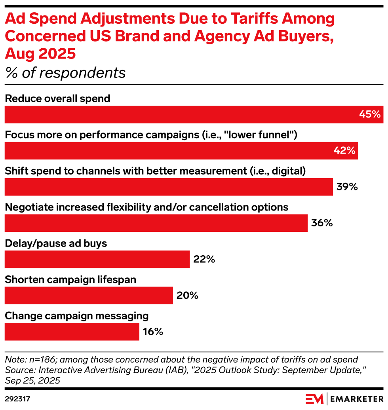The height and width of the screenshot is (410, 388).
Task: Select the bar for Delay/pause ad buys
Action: coord(97,259)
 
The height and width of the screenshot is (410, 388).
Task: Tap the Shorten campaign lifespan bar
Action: coord(89,295)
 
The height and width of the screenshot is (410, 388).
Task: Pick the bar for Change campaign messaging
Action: coord(72,332)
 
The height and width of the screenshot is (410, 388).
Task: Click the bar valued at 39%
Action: coord(169,187)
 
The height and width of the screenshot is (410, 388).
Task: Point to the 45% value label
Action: coord(370,114)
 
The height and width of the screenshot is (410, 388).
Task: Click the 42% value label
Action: coord(344,151)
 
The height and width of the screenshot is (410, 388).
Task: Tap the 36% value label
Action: coord(321,223)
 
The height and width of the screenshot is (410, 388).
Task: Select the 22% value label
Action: coord(204,259)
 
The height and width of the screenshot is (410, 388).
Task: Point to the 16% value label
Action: coord(153,332)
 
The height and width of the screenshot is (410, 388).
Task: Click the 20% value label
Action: coord(187,295)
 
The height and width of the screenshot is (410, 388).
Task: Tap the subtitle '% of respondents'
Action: coord(65,73)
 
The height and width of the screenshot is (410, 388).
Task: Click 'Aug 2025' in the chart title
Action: coord(40,53)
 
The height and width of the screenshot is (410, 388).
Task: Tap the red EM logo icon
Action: coord(314,399)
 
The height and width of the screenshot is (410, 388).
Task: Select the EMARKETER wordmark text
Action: coord(356,399)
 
